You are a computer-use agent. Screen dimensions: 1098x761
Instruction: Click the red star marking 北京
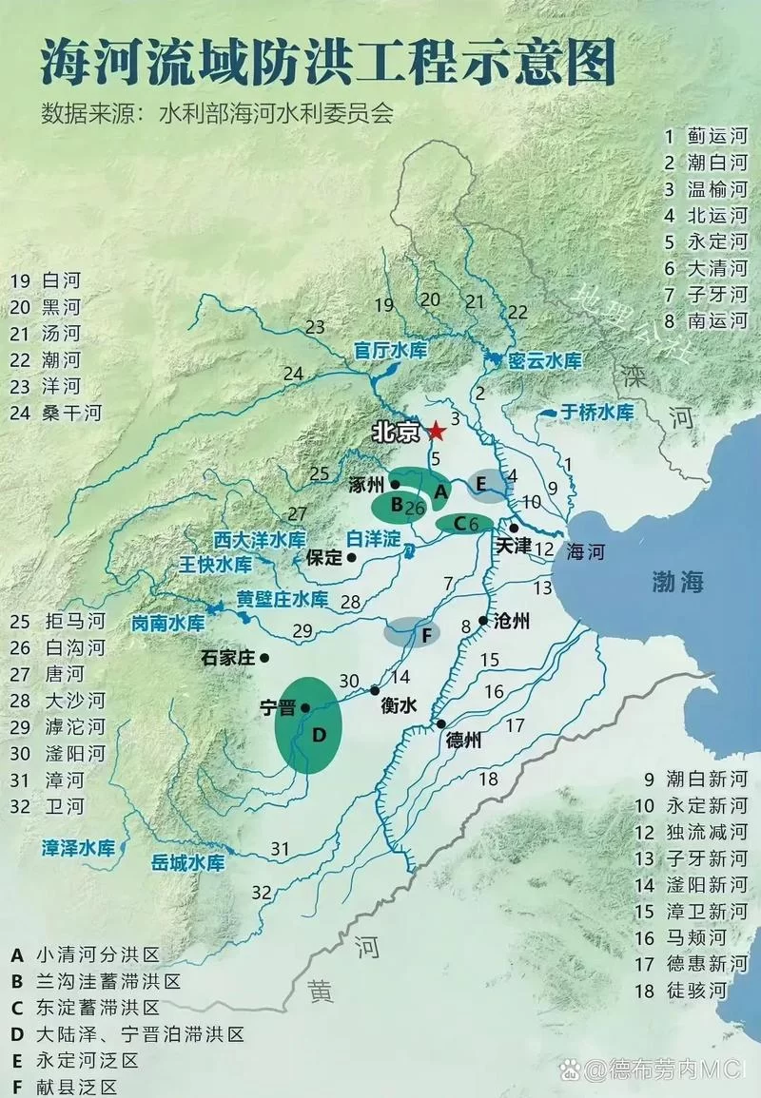437,432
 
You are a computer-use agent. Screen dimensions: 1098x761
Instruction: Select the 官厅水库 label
391,350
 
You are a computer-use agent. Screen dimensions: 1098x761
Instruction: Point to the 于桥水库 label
596,412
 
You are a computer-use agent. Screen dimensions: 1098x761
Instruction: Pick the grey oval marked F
412,631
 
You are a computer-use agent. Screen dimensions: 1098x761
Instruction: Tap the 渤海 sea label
677,582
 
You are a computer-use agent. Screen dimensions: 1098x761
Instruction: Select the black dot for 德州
441,724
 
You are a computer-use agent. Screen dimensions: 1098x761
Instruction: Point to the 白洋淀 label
372,538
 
